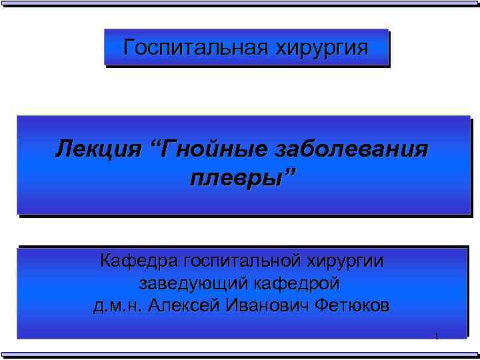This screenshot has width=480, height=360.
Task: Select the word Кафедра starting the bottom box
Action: click(139, 260)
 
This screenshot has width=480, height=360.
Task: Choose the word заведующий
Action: click(193, 283)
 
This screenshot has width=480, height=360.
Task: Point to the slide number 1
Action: click(436, 336)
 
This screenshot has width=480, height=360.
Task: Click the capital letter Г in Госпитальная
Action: click(130, 47)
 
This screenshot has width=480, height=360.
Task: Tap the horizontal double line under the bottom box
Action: click(240, 354)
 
